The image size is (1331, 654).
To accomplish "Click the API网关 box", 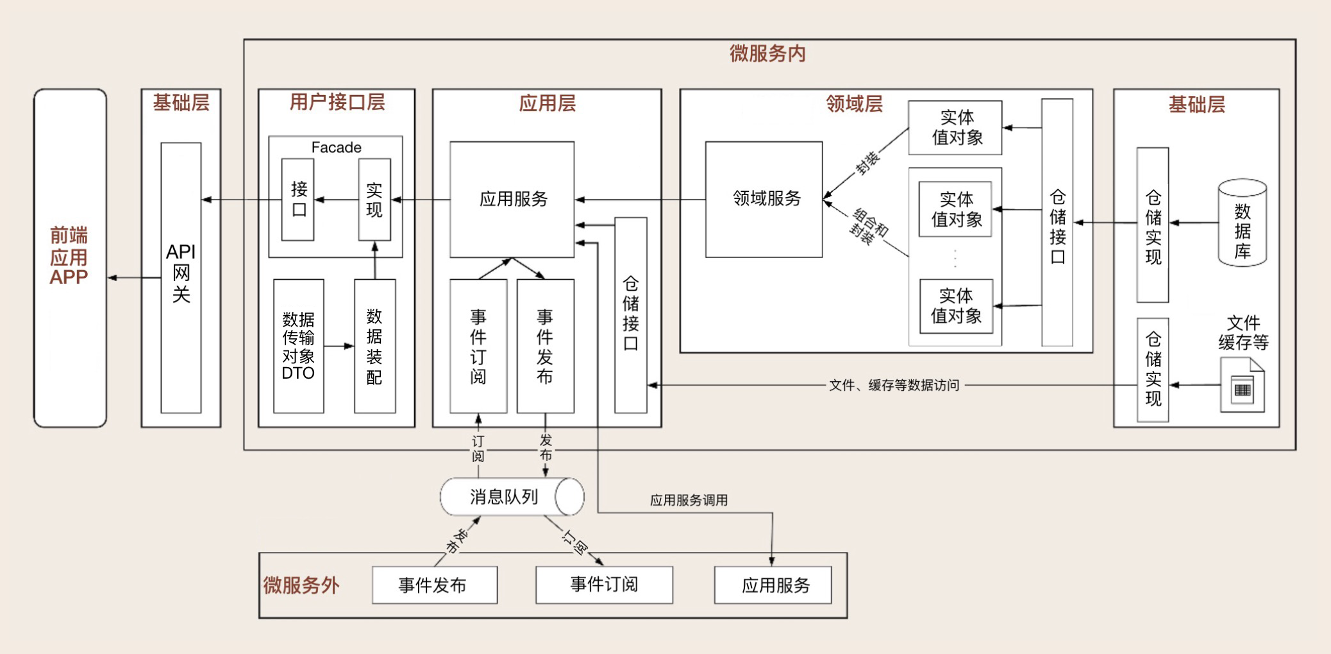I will click(x=181, y=277).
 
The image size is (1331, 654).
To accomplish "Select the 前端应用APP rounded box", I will click(x=70, y=257).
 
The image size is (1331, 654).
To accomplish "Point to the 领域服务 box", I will click(x=764, y=199).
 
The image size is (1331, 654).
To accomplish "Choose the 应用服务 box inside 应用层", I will click(x=512, y=199).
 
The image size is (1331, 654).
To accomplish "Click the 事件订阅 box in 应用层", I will click(x=478, y=346).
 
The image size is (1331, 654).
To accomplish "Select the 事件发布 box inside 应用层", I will click(x=545, y=346).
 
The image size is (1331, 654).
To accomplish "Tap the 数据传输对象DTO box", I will click(x=298, y=346).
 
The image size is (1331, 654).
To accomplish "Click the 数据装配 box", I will click(x=374, y=346).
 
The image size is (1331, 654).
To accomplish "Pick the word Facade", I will click(x=336, y=148).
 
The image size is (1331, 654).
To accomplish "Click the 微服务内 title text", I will click(x=767, y=53).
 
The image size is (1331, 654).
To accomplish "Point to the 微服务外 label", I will click(x=301, y=585).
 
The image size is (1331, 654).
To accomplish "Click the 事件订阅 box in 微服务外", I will click(x=604, y=585).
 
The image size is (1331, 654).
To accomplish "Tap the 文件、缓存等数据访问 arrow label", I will click(x=894, y=385).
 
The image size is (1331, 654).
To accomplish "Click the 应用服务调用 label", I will click(x=689, y=500).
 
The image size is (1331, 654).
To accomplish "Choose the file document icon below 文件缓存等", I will click(x=1242, y=386).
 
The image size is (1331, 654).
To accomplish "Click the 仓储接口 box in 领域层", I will click(x=1057, y=223).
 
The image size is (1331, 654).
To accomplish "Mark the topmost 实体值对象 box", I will click(x=955, y=128).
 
